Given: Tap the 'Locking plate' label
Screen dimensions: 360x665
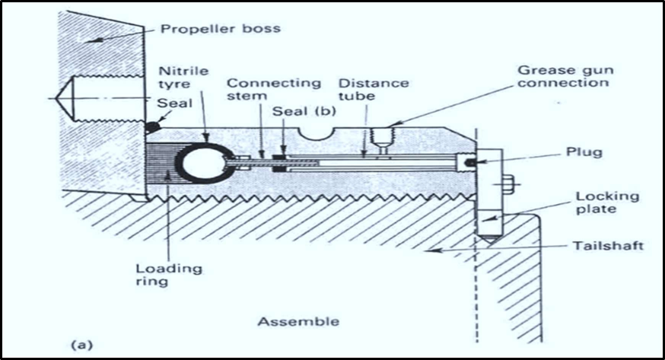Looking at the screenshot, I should coord(608,204).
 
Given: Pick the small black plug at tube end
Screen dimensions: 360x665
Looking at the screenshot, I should coord(472,161).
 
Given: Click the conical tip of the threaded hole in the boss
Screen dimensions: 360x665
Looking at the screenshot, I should coord(56,100).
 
